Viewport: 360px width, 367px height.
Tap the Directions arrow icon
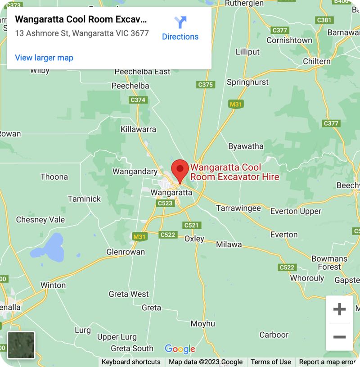(x=180, y=22)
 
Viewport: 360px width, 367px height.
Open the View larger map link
(x=44, y=58)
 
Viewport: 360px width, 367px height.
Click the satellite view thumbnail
(x=21, y=345)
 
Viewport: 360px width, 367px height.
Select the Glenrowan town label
(x=126, y=252)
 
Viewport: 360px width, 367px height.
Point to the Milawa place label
(x=229, y=245)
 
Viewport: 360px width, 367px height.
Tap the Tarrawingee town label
(x=238, y=208)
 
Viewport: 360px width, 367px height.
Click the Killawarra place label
(x=138, y=129)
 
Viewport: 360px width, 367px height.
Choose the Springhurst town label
(x=247, y=82)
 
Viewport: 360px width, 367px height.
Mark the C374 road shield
(x=138, y=100)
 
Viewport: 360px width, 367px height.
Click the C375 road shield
(x=206, y=85)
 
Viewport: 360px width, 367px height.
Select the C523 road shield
(x=165, y=203)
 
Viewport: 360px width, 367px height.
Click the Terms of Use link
(x=271, y=362)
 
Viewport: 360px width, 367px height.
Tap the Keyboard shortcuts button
(x=131, y=362)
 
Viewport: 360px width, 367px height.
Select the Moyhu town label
(x=202, y=323)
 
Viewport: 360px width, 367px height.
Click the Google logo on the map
(x=180, y=349)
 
